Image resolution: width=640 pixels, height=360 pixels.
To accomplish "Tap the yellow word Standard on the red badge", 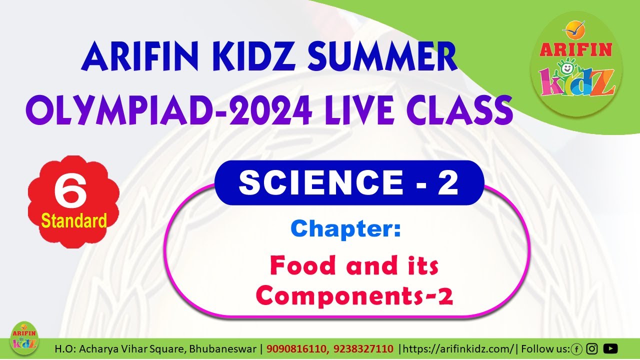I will tap(74, 220).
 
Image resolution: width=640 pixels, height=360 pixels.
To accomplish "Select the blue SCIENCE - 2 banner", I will tap(348, 183).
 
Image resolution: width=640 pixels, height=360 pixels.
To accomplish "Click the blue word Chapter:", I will tap(345, 228).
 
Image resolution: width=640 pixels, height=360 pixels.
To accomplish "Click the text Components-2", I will tap(354, 296).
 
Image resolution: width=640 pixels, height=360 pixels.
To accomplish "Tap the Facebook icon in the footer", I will tap(576, 348).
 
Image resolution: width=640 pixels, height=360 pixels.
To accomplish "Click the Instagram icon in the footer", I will tap(592, 348).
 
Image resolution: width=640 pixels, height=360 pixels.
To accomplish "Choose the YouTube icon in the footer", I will tap(610, 348).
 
